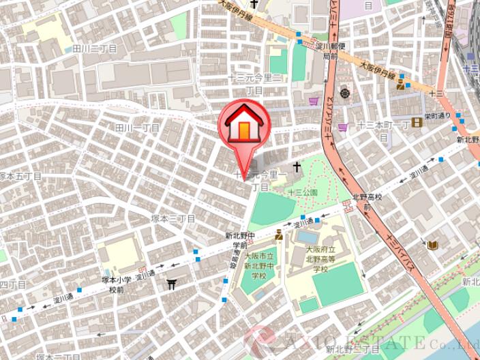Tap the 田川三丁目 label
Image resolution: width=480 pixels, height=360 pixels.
95,48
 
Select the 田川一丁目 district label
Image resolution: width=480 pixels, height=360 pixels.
137,127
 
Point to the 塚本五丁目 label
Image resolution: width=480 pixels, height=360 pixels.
20,176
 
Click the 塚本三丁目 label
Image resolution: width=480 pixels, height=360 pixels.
173,218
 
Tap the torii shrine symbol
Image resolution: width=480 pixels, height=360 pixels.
172,284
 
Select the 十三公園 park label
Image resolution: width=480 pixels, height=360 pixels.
302,193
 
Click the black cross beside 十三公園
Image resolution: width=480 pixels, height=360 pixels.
297,166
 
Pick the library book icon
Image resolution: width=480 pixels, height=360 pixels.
432,245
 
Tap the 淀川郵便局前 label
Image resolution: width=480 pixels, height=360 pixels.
331,50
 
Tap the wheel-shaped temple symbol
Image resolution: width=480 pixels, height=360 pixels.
345,93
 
